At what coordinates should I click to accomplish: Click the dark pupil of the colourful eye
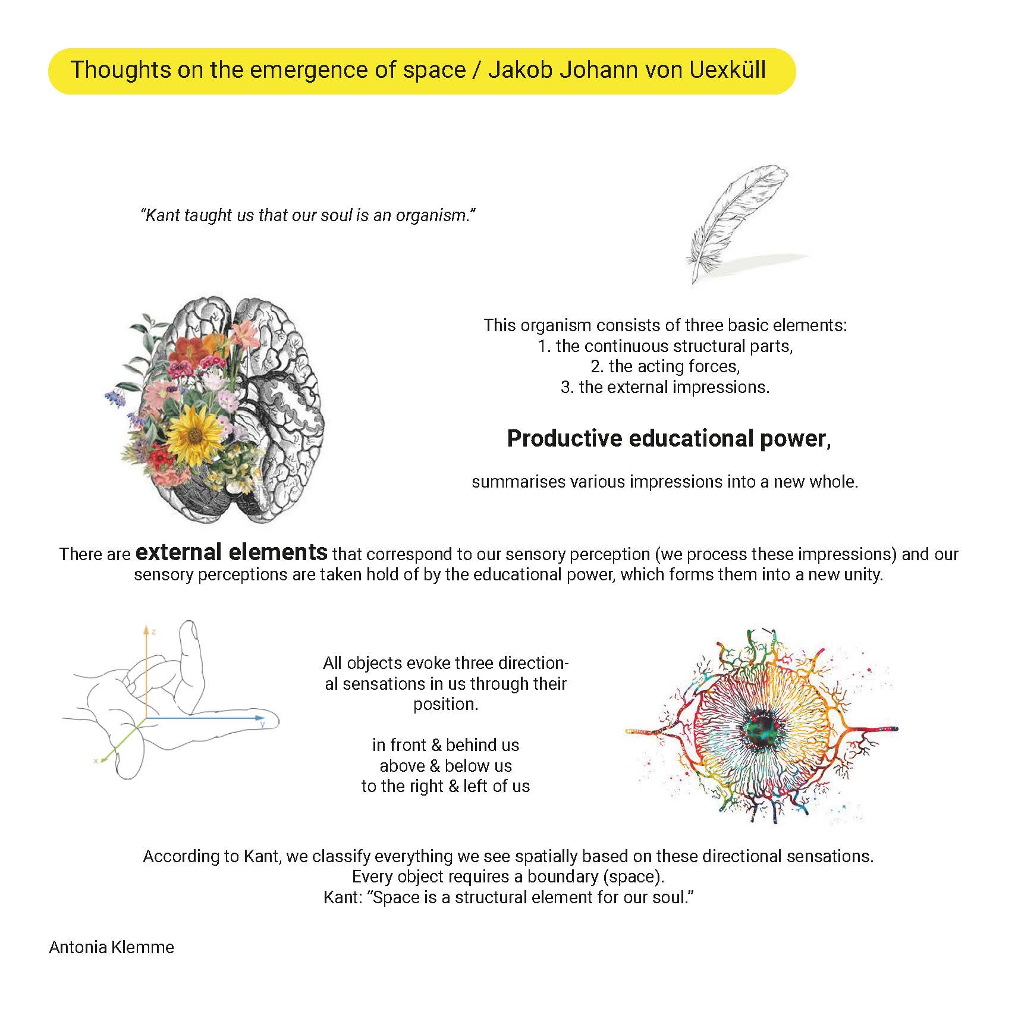click(x=763, y=727)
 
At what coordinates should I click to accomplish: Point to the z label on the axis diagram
click(x=153, y=631)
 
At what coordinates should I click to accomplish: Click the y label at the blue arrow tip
click(x=262, y=724)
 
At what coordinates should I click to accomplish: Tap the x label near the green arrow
click(x=95, y=761)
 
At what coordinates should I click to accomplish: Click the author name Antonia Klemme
click(x=111, y=947)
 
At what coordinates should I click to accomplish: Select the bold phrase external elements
click(x=231, y=552)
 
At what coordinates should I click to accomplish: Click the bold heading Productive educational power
click(x=668, y=439)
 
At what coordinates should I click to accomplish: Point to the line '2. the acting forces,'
click(x=665, y=366)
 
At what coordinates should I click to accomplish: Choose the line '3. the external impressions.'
click(x=665, y=387)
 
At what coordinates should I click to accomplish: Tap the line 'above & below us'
click(x=445, y=766)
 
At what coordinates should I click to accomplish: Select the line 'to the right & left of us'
click(x=445, y=786)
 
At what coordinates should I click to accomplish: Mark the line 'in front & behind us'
click(x=445, y=745)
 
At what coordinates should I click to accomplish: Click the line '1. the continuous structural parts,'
click(x=665, y=346)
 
